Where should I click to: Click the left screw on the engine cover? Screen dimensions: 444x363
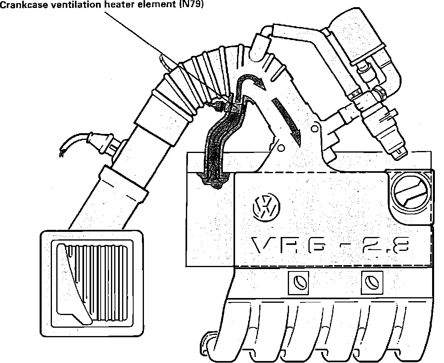pos(298,283)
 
